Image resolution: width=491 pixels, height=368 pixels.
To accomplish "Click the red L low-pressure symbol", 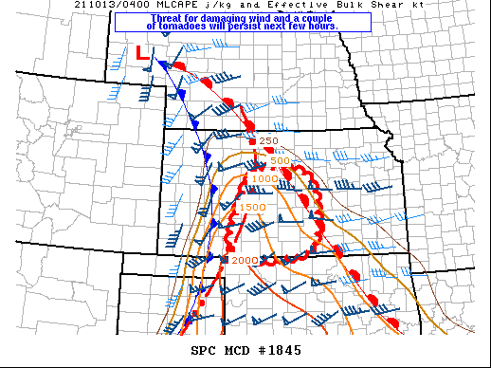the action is click(143, 54).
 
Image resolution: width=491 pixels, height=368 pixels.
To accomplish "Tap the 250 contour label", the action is click(268, 141).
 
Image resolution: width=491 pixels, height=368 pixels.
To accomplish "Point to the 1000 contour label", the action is click(265, 178).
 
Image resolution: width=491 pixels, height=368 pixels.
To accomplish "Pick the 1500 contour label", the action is click(253, 208).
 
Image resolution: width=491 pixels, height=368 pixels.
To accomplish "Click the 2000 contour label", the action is click(245, 260).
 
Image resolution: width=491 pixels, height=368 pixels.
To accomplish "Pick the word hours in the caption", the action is click(320, 26).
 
